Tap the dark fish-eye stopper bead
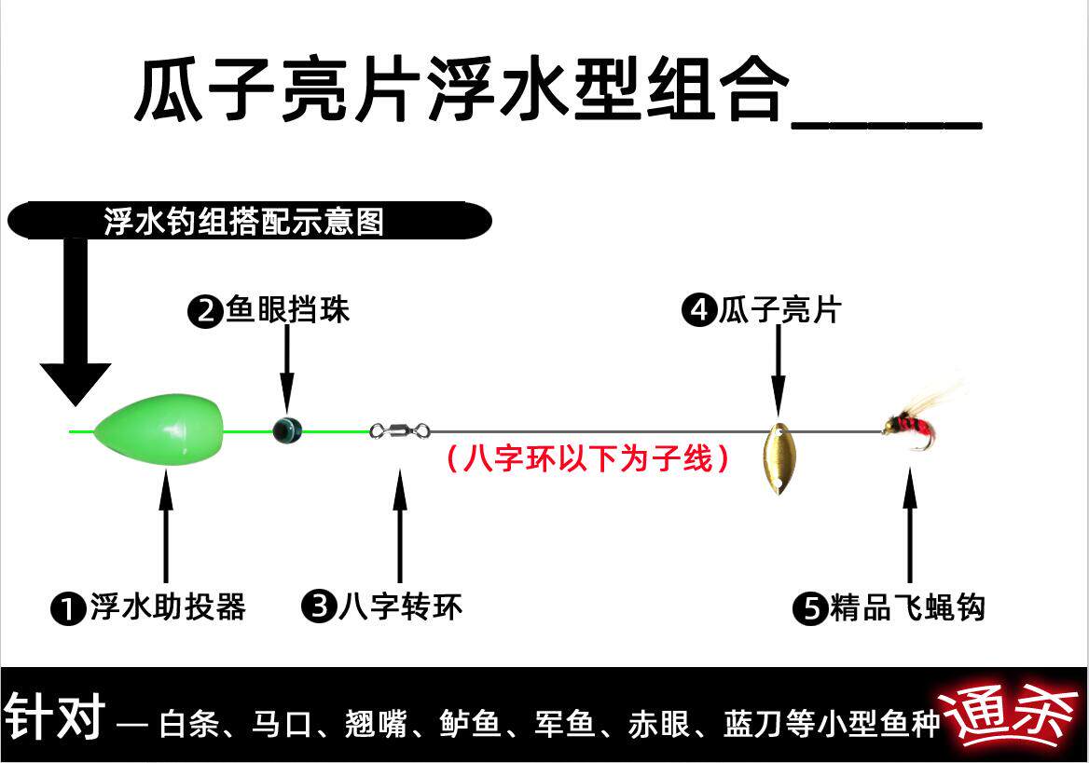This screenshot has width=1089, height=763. tap(286, 429)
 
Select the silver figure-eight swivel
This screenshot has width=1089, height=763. tap(400, 430)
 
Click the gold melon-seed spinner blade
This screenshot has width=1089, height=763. tap(777, 458)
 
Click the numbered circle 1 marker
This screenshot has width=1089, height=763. tap(67, 609)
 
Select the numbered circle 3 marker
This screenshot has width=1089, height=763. tap(319, 608)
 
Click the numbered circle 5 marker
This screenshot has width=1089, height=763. tap(809, 609)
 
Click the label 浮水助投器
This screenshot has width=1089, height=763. tap(168, 607)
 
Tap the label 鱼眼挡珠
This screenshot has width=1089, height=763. tap(288, 310)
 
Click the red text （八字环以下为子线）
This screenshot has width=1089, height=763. tap(586, 459)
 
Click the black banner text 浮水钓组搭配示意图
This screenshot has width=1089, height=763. tap(244, 222)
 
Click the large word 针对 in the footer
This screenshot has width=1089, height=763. tap(53, 716)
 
